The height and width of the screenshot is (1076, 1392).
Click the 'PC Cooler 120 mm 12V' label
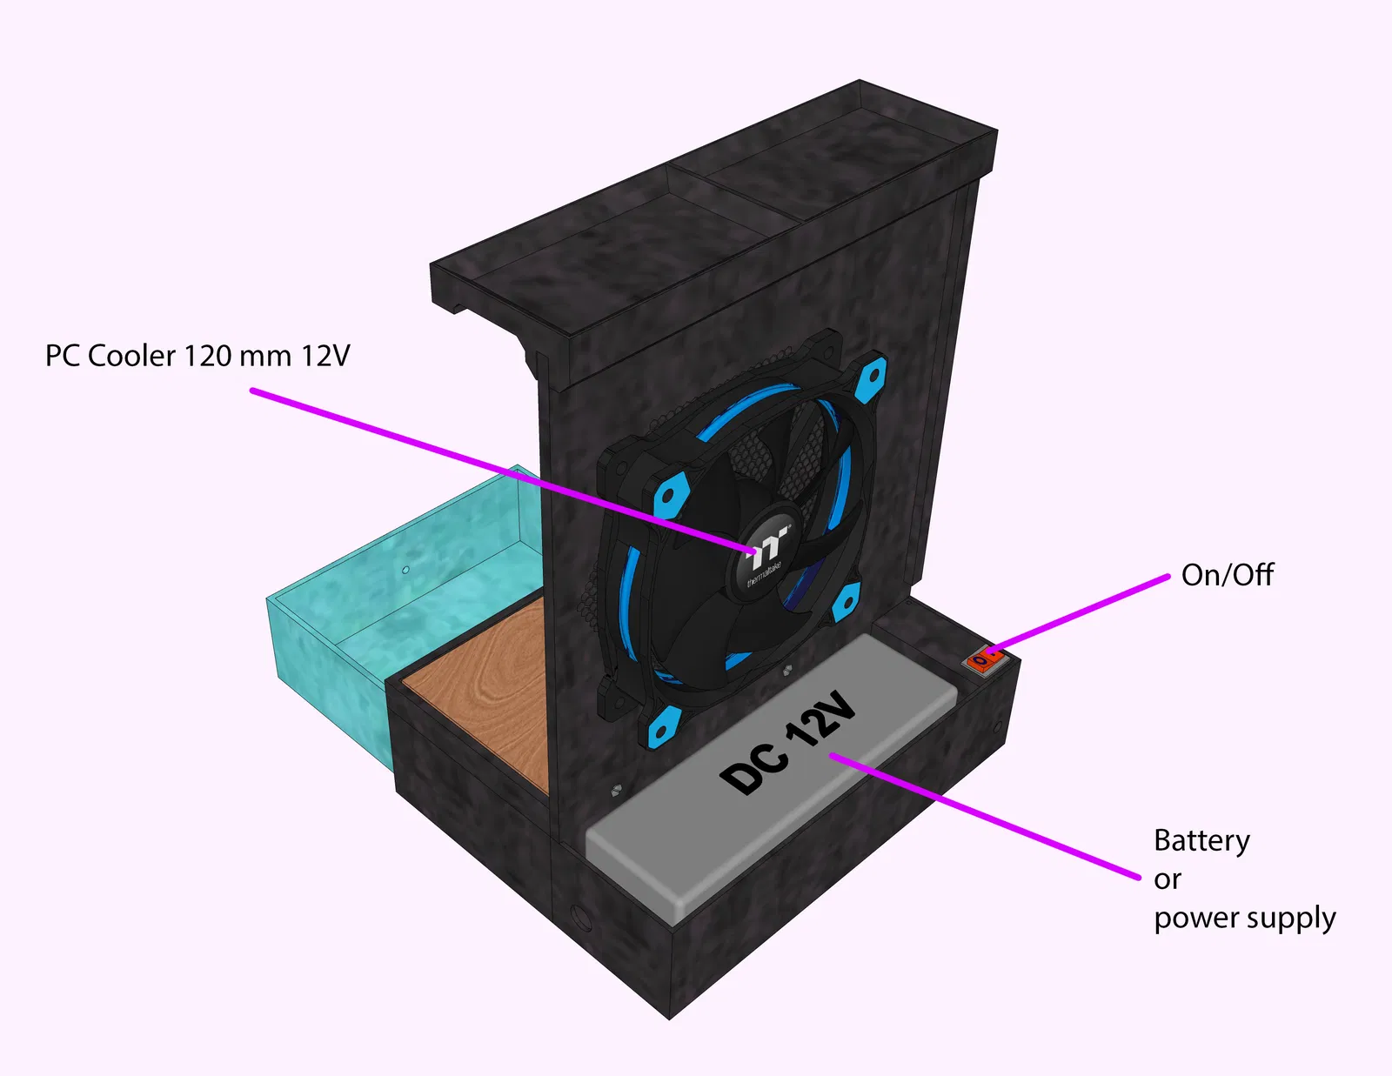pyautogui.click(x=197, y=356)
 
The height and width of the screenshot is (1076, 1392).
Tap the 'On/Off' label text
pyautogui.click(x=1227, y=575)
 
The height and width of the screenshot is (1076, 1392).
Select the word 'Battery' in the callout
pyautogui.click(x=1201, y=840)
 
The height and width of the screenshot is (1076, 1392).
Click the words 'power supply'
pyautogui.click(x=1244, y=919)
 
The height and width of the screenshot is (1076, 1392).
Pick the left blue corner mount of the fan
pyautogui.click(x=668, y=496)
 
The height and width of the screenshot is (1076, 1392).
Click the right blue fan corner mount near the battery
pyautogui.click(x=845, y=601)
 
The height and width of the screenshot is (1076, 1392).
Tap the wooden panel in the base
pyautogui.click(x=487, y=687)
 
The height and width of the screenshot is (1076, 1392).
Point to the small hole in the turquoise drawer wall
pyautogui.click(x=405, y=571)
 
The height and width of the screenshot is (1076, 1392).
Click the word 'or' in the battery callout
pyautogui.click(x=1168, y=880)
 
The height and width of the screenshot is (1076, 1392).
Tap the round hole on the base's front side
pyautogui.click(x=579, y=915)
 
